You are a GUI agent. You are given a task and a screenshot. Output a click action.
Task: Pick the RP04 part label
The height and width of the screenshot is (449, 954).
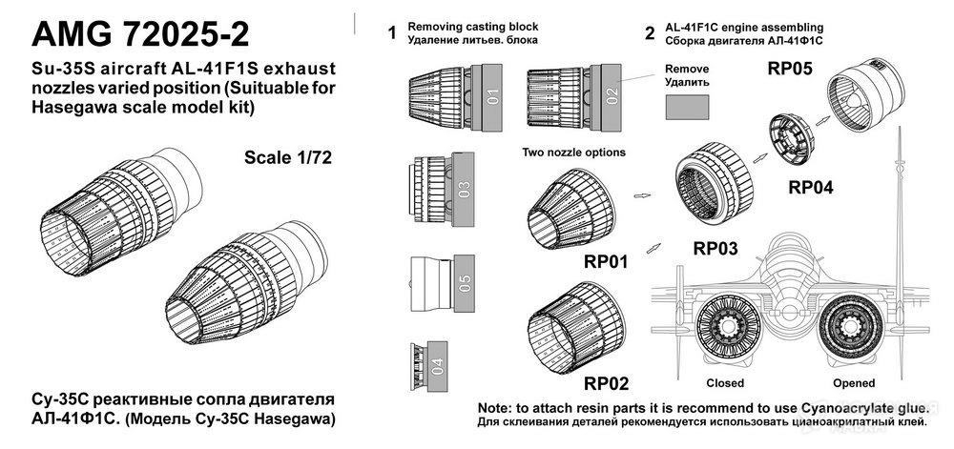811,188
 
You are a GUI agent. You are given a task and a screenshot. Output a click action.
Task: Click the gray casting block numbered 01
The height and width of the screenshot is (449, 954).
492,96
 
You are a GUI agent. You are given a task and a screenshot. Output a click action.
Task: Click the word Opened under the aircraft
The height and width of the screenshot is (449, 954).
853,383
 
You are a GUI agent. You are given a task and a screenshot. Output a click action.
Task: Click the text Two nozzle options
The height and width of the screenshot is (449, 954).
572,153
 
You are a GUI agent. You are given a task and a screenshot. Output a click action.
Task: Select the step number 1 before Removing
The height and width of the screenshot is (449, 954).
391,34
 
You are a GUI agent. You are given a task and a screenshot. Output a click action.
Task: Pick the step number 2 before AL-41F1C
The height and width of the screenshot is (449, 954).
650,34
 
